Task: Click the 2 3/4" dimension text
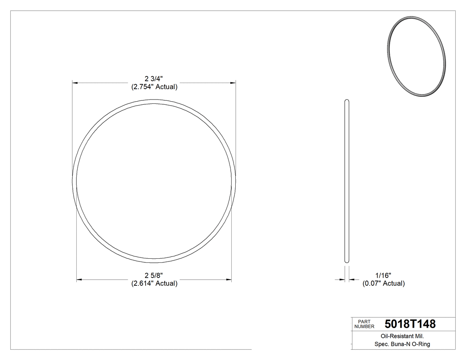154,79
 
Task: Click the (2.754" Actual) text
154,87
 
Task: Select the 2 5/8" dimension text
154,275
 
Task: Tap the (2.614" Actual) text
154,283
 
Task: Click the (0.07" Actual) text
383,283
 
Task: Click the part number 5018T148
410,324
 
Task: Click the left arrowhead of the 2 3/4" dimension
75,83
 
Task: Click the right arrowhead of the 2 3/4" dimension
233,83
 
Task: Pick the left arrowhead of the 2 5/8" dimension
80,279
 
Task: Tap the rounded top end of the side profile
347,102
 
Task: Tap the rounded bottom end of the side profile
347,261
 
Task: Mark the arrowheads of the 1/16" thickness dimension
342,279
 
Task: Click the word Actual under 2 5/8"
166,283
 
